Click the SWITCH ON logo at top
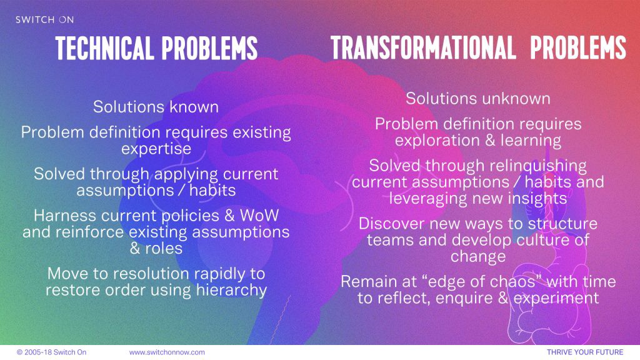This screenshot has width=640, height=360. click(x=44, y=19)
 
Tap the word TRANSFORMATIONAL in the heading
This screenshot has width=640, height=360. click(x=423, y=47)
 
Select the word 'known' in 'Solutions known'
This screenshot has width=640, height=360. click(x=194, y=107)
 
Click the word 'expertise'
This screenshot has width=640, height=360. click(x=156, y=149)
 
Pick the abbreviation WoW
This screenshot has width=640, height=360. click(x=259, y=215)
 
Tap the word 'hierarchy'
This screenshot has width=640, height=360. click(x=231, y=290)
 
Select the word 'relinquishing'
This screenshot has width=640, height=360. click(x=537, y=166)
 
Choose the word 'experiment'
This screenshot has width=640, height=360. click(x=556, y=298)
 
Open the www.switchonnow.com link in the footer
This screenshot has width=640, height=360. click(x=167, y=352)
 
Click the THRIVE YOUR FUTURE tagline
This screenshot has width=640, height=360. click(x=585, y=352)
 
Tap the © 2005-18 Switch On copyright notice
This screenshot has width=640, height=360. click(x=51, y=352)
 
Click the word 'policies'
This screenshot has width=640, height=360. click(x=191, y=216)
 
